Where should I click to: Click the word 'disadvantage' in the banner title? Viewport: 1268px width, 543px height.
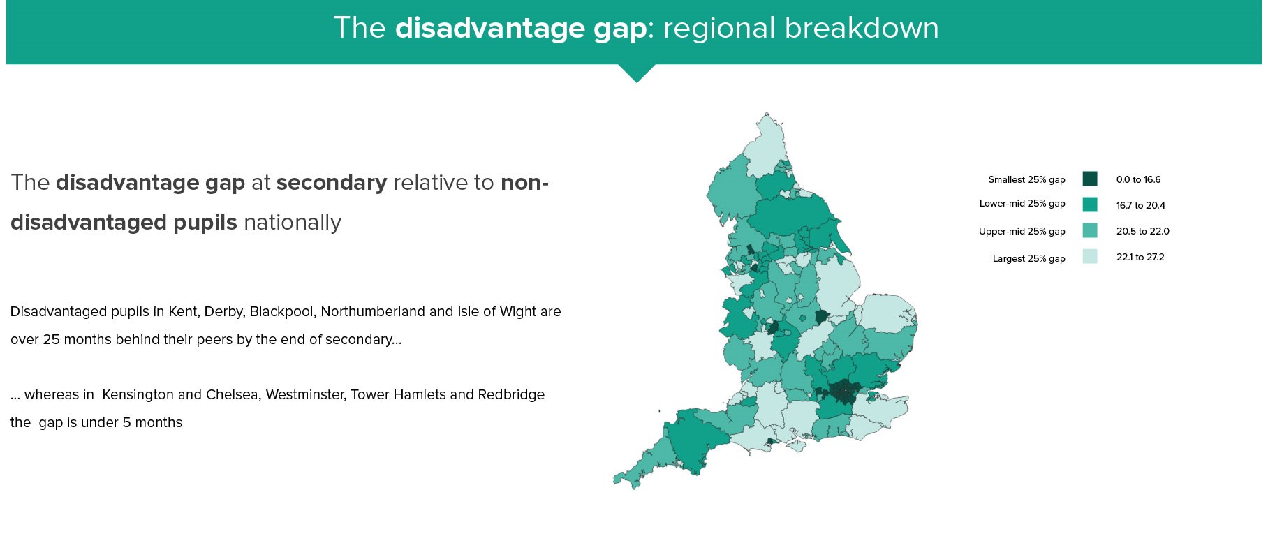pyautogui.click(x=521, y=29)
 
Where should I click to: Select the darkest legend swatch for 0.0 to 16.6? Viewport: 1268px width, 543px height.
pyautogui.click(x=1089, y=179)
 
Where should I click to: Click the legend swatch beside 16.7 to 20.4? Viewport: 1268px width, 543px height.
pyautogui.click(x=1089, y=204)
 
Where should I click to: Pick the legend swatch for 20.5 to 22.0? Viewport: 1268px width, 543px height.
pyautogui.click(x=1089, y=230)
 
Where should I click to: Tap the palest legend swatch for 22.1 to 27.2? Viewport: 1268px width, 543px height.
pyautogui.click(x=1089, y=256)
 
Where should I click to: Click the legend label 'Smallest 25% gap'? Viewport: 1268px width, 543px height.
pyautogui.click(x=1026, y=179)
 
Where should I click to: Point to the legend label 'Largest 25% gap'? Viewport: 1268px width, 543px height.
pyautogui.click(x=1029, y=258)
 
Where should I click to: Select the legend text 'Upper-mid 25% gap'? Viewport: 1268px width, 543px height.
pyautogui.click(x=1022, y=231)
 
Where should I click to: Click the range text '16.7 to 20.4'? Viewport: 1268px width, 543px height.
pyautogui.click(x=1140, y=205)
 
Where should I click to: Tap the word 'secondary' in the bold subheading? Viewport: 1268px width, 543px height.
pyautogui.click(x=332, y=183)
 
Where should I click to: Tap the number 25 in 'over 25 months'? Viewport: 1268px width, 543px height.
pyautogui.click(x=50, y=339)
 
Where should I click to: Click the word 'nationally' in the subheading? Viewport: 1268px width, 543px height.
pyautogui.click(x=293, y=223)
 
